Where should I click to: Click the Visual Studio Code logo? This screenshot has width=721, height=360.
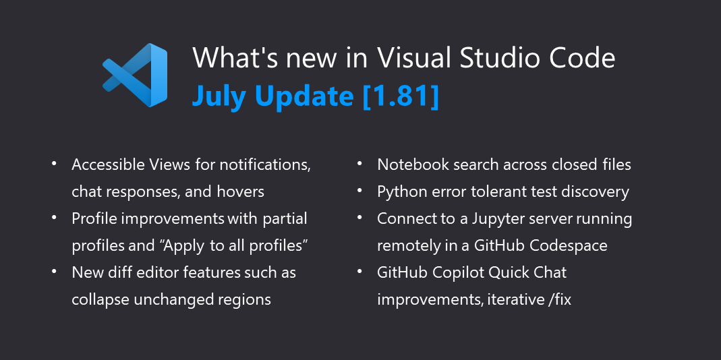(135, 75)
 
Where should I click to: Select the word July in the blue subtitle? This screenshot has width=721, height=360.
(219, 97)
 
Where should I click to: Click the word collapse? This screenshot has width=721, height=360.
(100, 299)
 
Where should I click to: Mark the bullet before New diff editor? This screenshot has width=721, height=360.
(54, 271)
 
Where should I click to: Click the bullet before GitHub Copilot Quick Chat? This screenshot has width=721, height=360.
(359, 271)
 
